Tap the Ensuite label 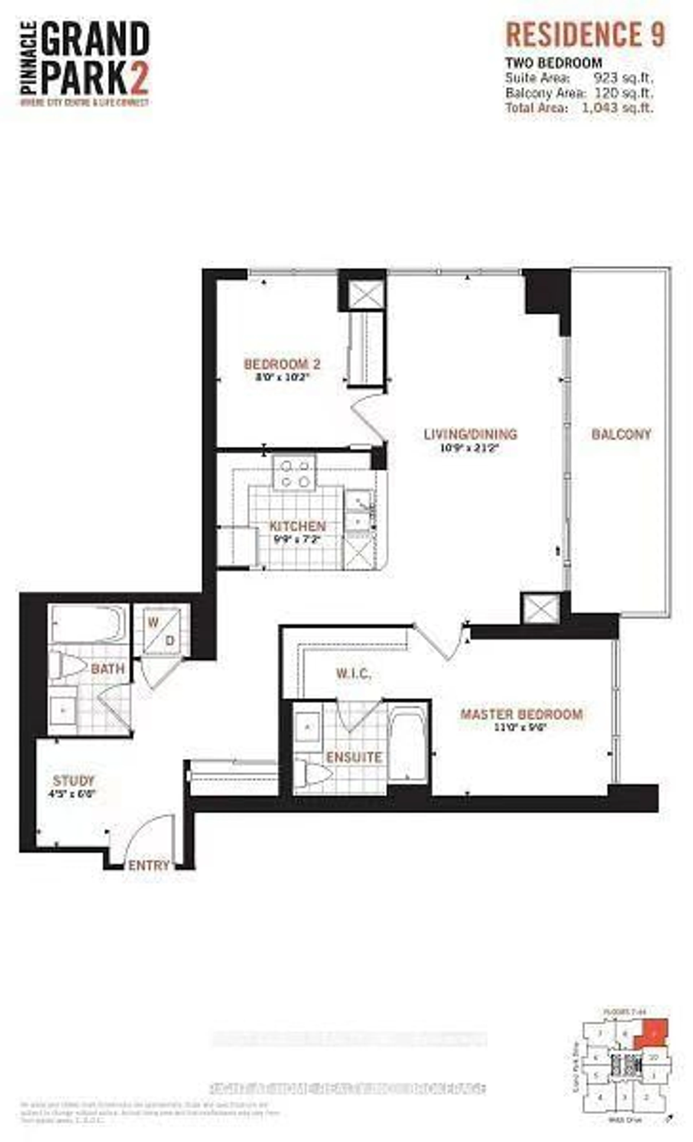[354, 757]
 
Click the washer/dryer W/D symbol [161, 631]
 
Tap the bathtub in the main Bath [88, 623]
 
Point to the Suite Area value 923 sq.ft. [624, 78]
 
